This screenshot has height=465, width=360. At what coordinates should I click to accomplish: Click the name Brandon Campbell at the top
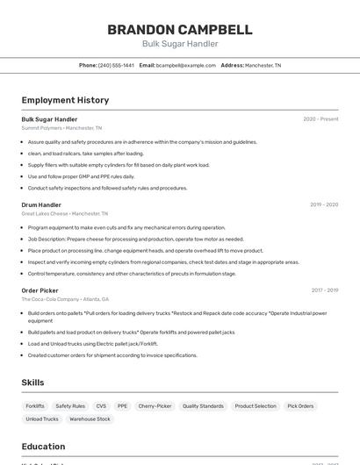point(180,30)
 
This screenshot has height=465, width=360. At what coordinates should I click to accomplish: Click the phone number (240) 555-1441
point(116,65)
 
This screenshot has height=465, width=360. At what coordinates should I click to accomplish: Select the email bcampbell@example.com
point(186,65)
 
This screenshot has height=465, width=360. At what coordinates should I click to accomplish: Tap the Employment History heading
point(65,100)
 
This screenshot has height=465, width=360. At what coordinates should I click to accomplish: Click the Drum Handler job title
point(41,204)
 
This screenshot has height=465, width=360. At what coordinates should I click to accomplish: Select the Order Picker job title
point(40,290)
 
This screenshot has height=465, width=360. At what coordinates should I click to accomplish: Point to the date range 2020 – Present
point(320,119)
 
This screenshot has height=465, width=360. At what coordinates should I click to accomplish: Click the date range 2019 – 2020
point(324,204)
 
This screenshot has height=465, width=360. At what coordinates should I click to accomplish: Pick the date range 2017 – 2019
point(324,290)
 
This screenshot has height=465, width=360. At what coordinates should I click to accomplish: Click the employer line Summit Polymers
point(61,127)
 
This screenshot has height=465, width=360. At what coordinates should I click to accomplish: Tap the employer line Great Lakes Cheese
point(64,213)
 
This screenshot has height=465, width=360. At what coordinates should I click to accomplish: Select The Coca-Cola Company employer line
point(66,299)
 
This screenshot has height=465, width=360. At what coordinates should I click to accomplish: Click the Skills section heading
point(33,383)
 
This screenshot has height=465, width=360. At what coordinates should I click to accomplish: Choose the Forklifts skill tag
point(35,406)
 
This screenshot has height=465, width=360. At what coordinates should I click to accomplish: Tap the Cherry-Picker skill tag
point(155,406)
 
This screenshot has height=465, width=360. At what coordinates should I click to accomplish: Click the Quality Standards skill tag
point(203,406)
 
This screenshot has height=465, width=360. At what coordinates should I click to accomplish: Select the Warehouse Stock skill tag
point(90,419)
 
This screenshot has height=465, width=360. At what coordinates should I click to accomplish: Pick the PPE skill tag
point(122,406)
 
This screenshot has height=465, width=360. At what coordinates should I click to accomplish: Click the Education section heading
point(43,447)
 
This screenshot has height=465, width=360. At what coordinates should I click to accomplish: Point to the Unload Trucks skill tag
point(42,419)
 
